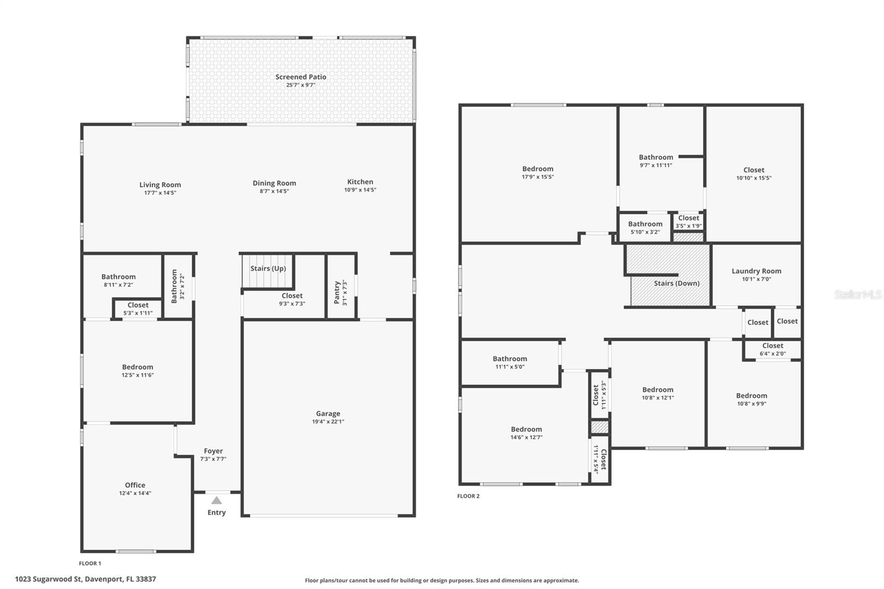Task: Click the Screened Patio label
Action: [301, 77]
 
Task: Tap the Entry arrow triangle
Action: [217, 501]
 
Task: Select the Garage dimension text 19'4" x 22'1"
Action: [328, 422]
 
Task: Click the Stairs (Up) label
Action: [268, 269]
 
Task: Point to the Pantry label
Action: [337, 292]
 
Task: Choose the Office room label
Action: [135, 485]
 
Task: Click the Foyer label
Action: [213, 451]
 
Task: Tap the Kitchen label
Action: [360, 182]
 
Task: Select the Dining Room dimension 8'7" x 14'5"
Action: [274, 191]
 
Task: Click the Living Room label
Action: [160, 185]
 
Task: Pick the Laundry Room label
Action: [756, 271]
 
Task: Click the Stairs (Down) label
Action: [676, 283]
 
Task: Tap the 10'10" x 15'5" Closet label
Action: [754, 170]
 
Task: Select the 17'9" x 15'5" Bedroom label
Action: [538, 169]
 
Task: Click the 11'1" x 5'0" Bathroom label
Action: [509, 359]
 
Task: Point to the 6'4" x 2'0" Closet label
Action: [772, 346]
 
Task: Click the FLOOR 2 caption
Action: [468, 496]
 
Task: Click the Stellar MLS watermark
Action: [857, 294]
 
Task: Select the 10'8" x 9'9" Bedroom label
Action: [751, 396]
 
